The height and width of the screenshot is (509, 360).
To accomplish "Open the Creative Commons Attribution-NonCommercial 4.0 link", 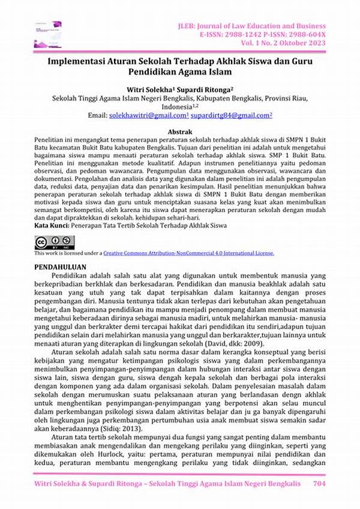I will click(x=188, y=253).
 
